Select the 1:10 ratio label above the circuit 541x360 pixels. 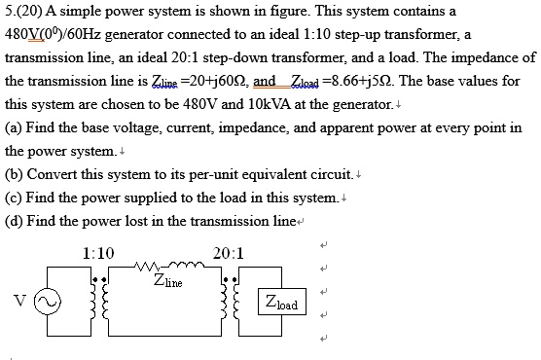(x=99, y=253)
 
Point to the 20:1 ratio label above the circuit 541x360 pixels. (x=228, y=253)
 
